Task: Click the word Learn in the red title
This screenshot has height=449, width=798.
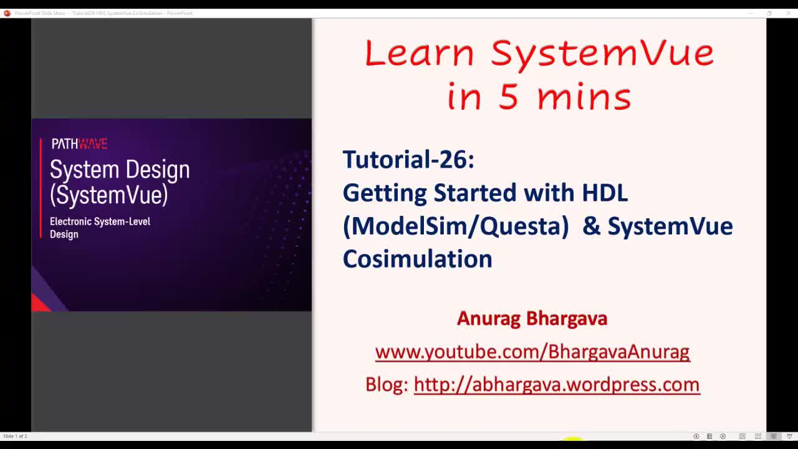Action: click(419, 53)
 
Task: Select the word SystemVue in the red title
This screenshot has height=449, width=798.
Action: click(602, 53)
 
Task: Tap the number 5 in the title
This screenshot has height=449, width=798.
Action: click(508, 97)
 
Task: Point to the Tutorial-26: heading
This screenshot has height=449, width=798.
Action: click(408, 160)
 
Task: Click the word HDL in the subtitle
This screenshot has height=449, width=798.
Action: click(604, 193)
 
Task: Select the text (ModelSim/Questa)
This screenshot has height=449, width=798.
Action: click(456, 226)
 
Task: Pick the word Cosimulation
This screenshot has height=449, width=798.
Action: click(417, 259)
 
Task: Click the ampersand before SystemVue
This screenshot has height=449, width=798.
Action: click(591, 226)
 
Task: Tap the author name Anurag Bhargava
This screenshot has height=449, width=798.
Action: click(532, 318)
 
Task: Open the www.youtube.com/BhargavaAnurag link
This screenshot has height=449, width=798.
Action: click(532, 352)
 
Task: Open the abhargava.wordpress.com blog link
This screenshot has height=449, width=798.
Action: click(556, 384)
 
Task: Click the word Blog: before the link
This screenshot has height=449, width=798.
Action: click(387, 384)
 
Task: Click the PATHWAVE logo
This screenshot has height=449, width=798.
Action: click(80, 144)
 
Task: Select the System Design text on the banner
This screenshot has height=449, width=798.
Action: click(120, 170)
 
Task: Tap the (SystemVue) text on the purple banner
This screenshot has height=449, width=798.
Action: click(109, 195)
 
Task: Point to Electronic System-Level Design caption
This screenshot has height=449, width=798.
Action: click(100, 228)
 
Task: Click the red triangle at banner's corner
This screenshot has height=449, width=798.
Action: click(39, 303)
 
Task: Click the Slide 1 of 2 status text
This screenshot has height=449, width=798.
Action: click(15, 436)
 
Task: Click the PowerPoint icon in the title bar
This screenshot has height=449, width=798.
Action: click(7, 12)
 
